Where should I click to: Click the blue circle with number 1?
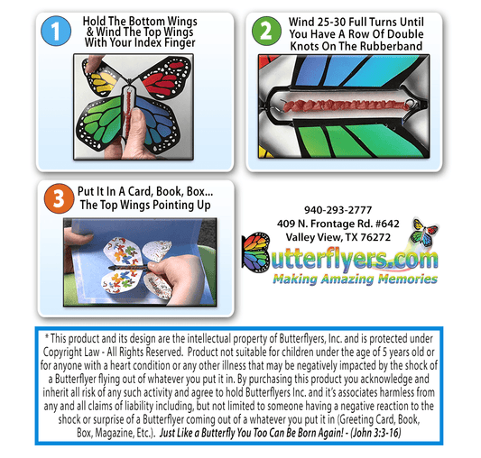coord(56,31)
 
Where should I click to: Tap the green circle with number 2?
coord(266,31)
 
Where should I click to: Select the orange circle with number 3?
coord(59,198)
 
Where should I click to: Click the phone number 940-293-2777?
coord(338,210)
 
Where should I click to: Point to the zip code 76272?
coord(375,237)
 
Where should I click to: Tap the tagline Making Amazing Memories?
coord(356,279)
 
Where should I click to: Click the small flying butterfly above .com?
coord(424,232)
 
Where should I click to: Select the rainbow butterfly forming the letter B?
coord(255,252)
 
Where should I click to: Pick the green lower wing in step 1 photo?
coord(99,124)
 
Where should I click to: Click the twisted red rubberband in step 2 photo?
coord(347,105)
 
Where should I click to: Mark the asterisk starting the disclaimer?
coord(47,336)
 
